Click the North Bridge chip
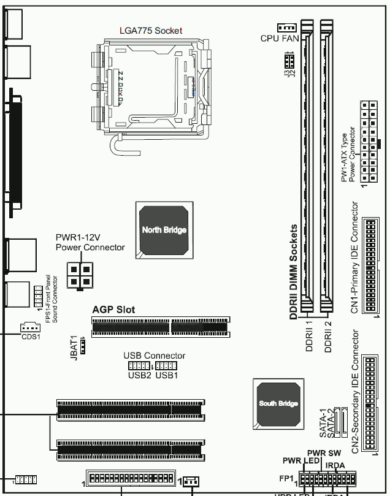(x=164, y=230)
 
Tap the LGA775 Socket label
(x=150, y=31)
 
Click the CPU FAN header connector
(x=286, y=28)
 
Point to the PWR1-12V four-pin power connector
(x=80, y=275)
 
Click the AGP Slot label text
(x=113, y=310)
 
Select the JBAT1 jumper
(x=85, y=346)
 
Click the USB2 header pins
(x=139, y=366)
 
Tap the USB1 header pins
(x=166, y=366)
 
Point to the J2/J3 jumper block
(x=288, y=61)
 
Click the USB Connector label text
(x=154, y=356)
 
